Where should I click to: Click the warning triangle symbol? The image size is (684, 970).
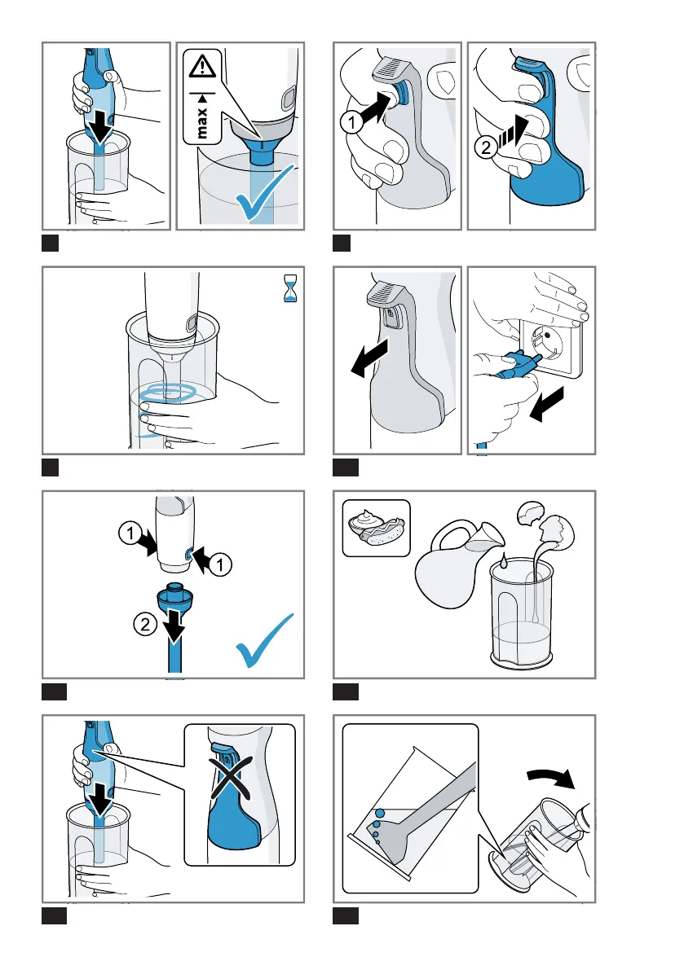click(x=202, y=66)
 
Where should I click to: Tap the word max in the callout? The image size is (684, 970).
click(x=202, y=123)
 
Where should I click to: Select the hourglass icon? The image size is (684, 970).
click(x=289, y=288)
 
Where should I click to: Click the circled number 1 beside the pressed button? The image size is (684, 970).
click(x=351, y=121)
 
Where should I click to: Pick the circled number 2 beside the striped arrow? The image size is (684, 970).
click(x=486, y=147)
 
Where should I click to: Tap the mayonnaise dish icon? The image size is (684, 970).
click(x=377, y=528)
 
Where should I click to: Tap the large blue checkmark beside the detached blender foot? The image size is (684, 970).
click(x=266, y=641)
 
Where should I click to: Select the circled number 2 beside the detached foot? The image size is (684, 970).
click(x=145, y=624)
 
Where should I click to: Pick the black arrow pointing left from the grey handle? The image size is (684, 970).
click(x=369, y=358)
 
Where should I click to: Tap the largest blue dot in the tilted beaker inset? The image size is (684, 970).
click(x=379, y=814)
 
